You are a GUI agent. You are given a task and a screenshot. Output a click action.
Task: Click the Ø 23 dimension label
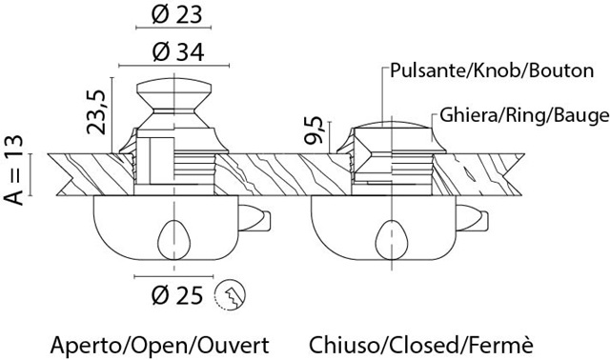(177, 15)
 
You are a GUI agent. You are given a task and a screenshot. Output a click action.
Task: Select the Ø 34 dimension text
(178, 51)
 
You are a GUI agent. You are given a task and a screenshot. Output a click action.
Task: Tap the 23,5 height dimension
(96, 112)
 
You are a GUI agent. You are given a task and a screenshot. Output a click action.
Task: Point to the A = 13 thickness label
(14, 170)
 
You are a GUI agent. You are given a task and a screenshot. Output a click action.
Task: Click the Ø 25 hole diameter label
(177, 295)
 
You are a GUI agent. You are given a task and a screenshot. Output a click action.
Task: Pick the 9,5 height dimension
(314, 130)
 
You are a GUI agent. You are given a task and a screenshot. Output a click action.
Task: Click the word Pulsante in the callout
(423, 70)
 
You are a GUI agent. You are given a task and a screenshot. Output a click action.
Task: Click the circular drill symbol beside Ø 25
(230, 295)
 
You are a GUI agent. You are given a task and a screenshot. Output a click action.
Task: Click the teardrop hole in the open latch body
(173, 240)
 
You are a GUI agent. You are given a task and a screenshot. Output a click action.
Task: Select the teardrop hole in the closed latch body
(393, 240)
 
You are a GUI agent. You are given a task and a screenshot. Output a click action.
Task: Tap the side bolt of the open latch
(254, 219)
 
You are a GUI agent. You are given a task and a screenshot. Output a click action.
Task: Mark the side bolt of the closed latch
(473, 219)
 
